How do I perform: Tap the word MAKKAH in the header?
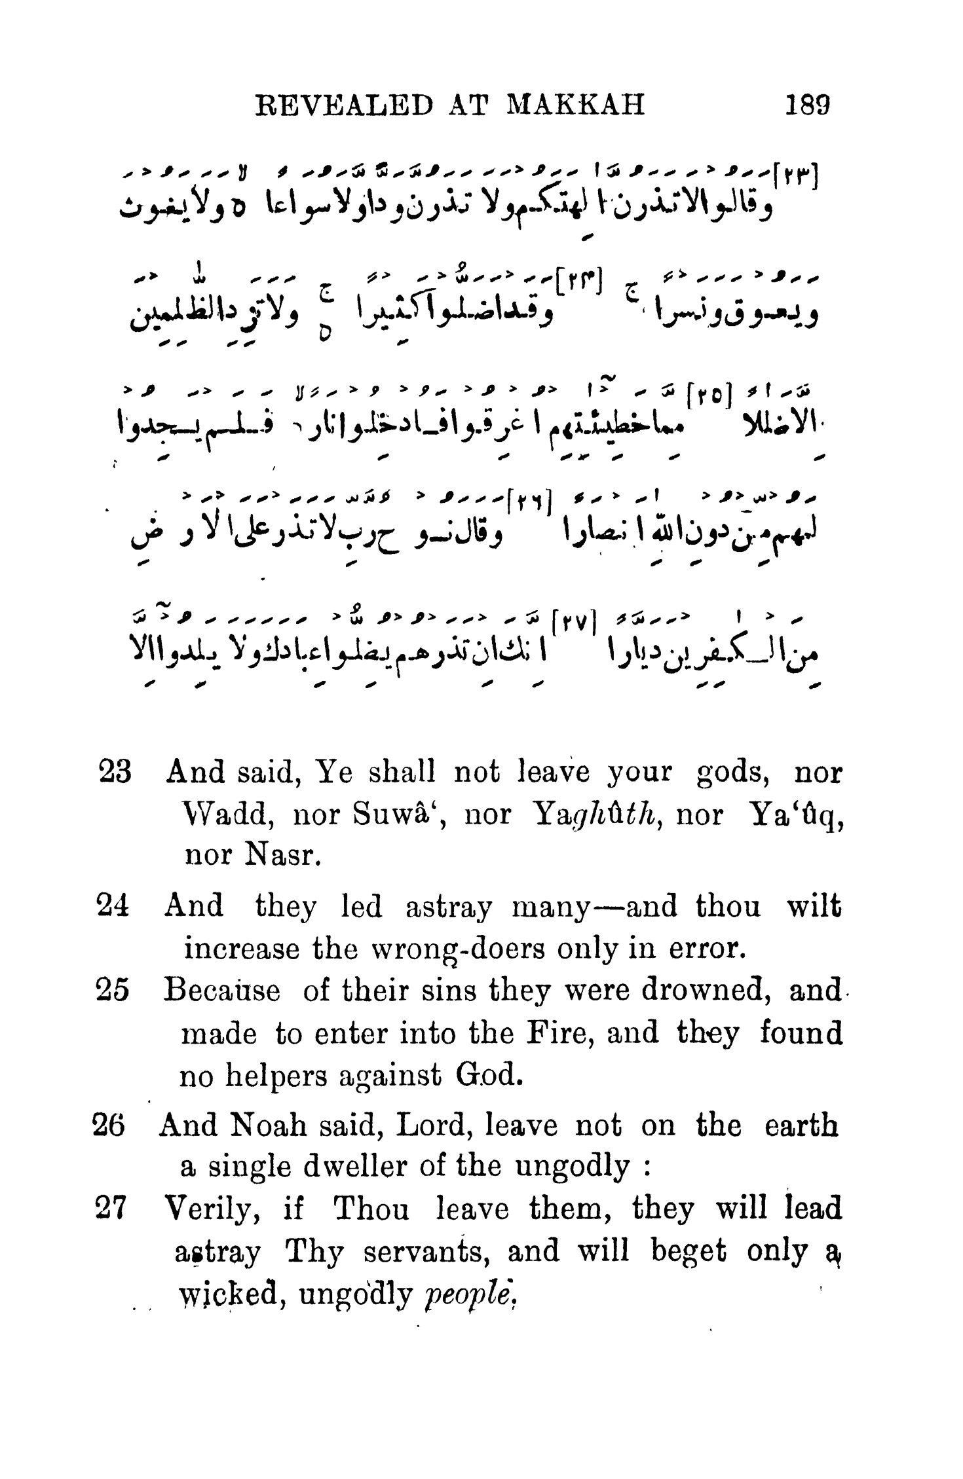[x=576, y=105]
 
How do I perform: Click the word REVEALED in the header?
[x=344, y=105]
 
